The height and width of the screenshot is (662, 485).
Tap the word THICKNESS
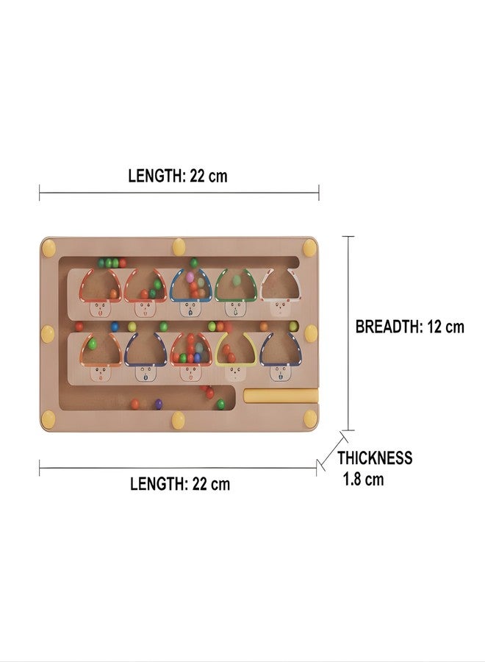(x=375, y=458)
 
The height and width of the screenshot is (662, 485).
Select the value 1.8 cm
(x=364, y=480)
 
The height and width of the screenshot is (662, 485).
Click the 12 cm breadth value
(x=446, y=327)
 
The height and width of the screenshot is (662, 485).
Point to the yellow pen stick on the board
(x=281, y=396)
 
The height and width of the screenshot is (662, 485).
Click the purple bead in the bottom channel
(x=158, y=404)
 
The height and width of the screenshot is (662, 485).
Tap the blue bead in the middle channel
(x=115, y=327)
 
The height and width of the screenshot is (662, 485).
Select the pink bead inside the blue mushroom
(x=190, y=277)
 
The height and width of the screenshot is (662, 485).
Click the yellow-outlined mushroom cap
(x=236, y=349)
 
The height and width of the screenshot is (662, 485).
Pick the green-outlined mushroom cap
(x=236, y=285)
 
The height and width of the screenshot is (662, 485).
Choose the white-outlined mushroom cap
(x=281, y=285)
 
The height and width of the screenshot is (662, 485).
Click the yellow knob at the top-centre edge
(x=179, y=247)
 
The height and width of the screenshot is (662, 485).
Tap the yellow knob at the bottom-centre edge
(x=179, y=421)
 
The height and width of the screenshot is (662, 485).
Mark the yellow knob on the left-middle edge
(x=48, y=334)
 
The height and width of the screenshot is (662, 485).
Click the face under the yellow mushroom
(x=235, y=373)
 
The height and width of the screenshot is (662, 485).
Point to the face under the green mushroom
(x=235, y=310)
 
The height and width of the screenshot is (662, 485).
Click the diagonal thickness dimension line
(x=333, y=451)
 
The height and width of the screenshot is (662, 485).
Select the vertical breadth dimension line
(x=348, y=333)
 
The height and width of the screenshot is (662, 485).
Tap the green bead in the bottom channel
(x=220, y=404)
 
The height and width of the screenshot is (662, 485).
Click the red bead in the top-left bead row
(x=122, y=263)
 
